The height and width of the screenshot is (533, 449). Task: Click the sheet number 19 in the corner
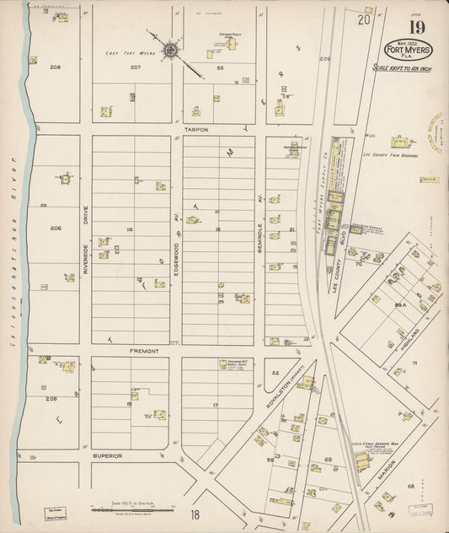[418, 27]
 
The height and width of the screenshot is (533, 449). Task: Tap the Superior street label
[107, 455]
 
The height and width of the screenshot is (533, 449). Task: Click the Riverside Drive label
[85, 238]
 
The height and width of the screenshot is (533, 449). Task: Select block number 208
[56, 67]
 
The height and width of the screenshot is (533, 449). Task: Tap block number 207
[135, 67]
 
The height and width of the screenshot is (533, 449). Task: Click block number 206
[56, 229]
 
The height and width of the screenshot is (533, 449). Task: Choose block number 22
[275, 372]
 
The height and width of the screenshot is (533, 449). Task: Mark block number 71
[414, 363]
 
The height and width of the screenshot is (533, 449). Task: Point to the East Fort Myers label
[125, 52]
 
